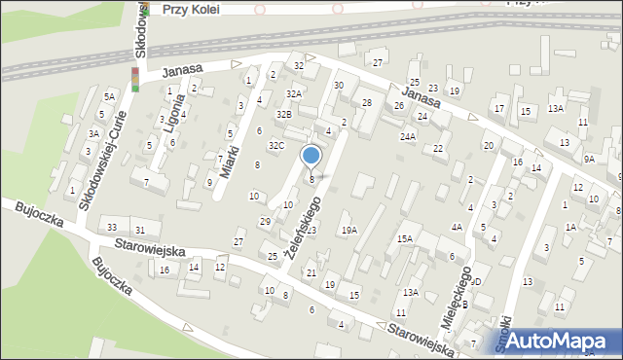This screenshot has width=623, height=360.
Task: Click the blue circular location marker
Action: point(311,156)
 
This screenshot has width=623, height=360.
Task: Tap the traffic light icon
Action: point(135,80)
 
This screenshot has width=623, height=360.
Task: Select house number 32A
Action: point(292,93)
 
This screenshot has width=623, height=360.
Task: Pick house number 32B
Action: point(283,115)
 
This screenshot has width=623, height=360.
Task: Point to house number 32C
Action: point(276,146)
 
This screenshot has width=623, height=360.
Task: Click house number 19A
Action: point(348,231)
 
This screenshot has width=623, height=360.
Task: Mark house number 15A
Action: point(404,238)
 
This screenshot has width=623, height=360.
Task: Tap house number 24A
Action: point(407,137)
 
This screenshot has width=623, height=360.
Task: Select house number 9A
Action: point(589,159)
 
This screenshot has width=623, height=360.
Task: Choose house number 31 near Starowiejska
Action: point(140,230)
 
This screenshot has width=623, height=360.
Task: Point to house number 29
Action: point(265,222)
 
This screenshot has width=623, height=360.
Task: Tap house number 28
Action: point(367,102)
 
